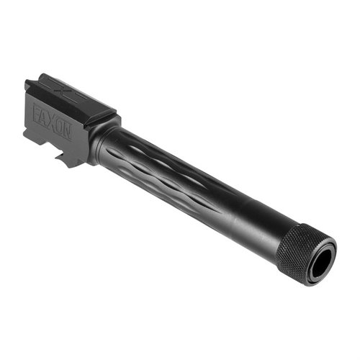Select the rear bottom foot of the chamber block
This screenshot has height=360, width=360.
(x=29, y=133)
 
